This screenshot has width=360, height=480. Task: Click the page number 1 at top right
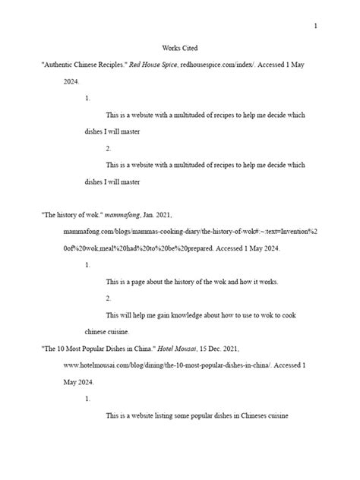pyautogui.click(x=315, y=27)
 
